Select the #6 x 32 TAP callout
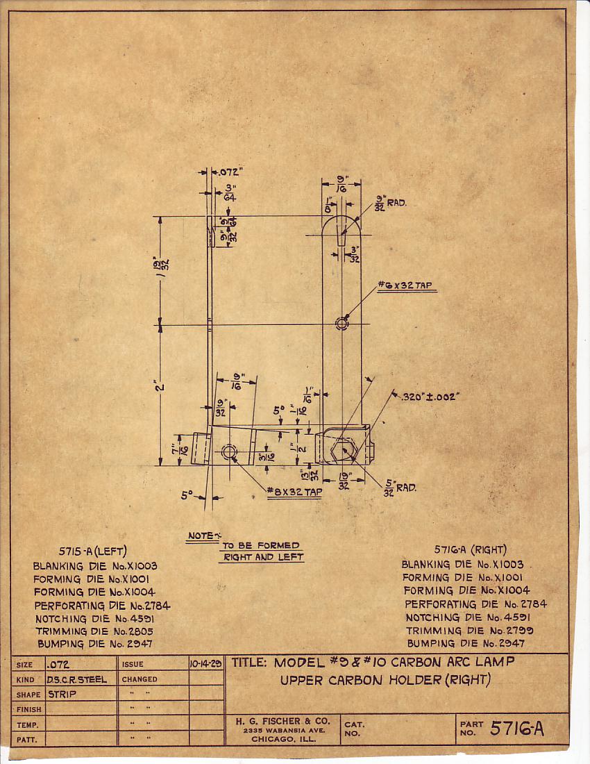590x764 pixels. tap(407, 285)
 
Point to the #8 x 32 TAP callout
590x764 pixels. tap(295, 492)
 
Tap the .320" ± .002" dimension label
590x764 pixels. tap(430, 397)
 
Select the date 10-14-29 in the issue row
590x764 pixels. tap(205, 664)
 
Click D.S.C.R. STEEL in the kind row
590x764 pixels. tap(77, 679)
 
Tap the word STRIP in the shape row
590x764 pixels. tap(62, 694)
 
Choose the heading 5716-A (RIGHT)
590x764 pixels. tap(470, 549)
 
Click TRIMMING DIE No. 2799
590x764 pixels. tap(471, 631)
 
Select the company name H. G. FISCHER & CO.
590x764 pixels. tap(282, 721)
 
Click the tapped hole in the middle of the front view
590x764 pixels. tap(341, 323)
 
